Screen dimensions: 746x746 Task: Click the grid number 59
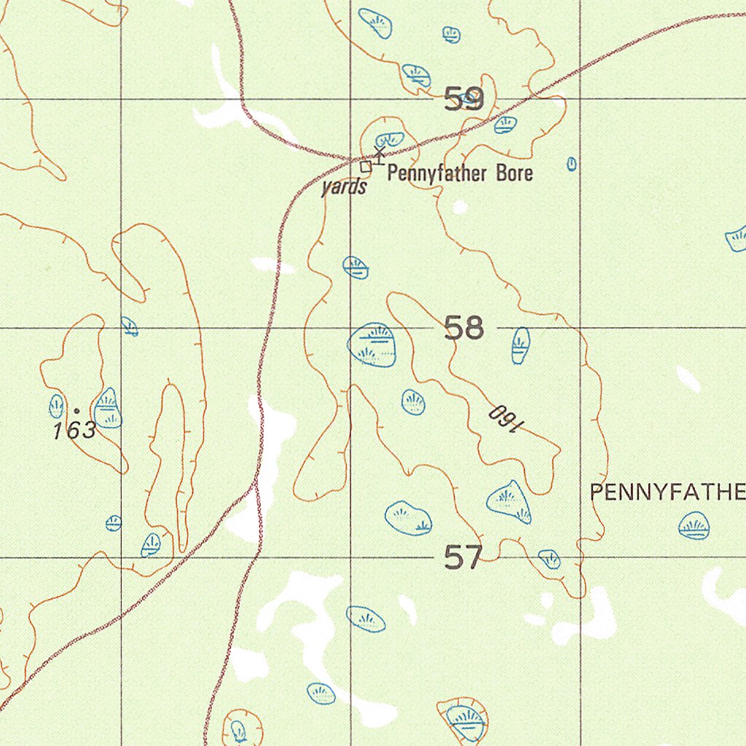click(x=464, y=98)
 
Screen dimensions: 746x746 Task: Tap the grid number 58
click(x=464, y=329)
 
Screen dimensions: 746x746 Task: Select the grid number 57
click(x=463, y=558)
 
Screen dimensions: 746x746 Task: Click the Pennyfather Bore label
click(x=460, y=173)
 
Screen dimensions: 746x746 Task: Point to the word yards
click(x=344, y=187)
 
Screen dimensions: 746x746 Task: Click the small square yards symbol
click(x=366, y=167)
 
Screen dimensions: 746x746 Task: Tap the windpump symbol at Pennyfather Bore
click(x=379, y=155)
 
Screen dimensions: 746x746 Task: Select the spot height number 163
click(x=74, y=431)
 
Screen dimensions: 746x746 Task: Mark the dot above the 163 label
click(x=76, y=411)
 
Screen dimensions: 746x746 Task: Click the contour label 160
click(x=503, y=418)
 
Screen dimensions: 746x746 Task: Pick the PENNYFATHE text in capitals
click(x=667, y=493)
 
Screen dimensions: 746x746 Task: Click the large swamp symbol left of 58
click(x=373, y=344)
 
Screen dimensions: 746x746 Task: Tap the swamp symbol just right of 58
click(x=520, y=345)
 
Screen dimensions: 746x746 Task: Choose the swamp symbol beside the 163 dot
click(x=108, y=409)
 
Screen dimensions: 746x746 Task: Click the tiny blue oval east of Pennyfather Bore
click(x=572, y=164)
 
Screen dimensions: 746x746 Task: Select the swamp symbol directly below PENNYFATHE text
click(x=694, y=525)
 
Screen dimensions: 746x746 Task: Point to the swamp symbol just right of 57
click(x=550, y=559)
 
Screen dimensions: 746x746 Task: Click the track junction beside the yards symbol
click(x=355, y=159)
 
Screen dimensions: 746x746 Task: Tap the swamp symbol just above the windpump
click(x=389, y=139)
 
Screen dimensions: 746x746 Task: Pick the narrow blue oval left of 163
click(x=56, y=406)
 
